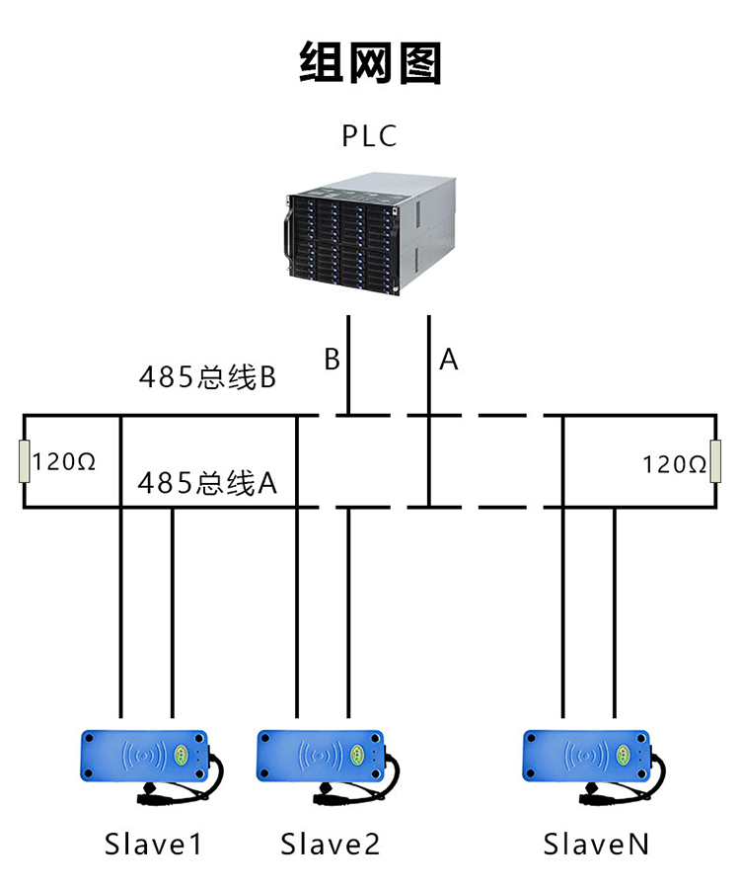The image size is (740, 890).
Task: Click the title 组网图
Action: [370, 62]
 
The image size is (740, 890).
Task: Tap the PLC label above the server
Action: [369, 135]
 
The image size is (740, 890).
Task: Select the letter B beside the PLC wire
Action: [333, 360]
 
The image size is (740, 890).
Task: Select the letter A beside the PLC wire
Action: [449, 360]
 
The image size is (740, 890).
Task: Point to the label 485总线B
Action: [206, 377]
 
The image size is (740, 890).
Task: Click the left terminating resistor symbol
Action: [25, 461]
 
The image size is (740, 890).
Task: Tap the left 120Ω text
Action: [64, 461]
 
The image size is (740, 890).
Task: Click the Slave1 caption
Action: [153, 845]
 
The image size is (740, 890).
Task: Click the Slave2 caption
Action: [330, 845]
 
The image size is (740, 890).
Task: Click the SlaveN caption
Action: [596, 845]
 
